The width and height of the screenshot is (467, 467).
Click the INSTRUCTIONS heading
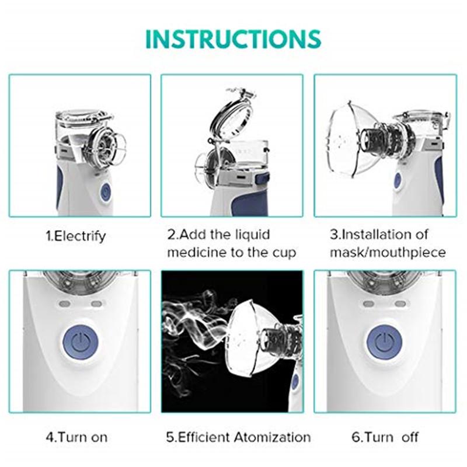tap(233, 39)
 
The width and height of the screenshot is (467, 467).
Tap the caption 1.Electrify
tap(76, 236)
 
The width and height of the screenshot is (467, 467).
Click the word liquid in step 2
tap(252, 235)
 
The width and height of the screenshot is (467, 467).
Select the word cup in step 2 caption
tap(284, 253)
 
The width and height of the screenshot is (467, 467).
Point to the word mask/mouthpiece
tap(388, 253)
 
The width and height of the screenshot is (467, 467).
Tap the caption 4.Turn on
tap(76, 437)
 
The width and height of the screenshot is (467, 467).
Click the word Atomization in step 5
tap(272, 437)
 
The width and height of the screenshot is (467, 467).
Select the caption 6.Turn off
tap(385, 437)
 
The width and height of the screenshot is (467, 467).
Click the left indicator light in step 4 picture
tap(65, 304)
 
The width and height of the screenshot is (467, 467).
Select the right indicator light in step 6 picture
tap(400, 304)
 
